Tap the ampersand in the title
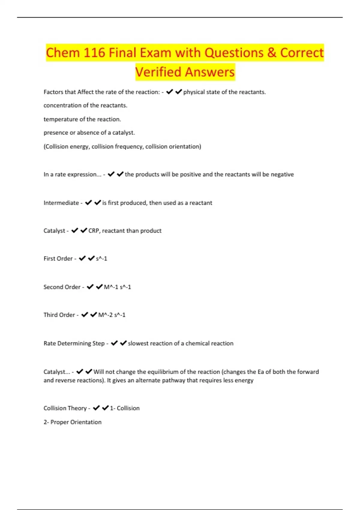pyautogui.click(x=271, y=53)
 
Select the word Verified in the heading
pyautogui.click(x=158, y=72)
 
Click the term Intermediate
pyautogui.click(x=61, y=203)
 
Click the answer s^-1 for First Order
pyautogui.click(x=101, y=259)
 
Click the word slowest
pyautogui.click(x=138, y=343)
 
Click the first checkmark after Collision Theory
pyautogui.click(x=96, y=408)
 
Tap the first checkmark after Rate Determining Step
pyautogui.click(x=114, y=343)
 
